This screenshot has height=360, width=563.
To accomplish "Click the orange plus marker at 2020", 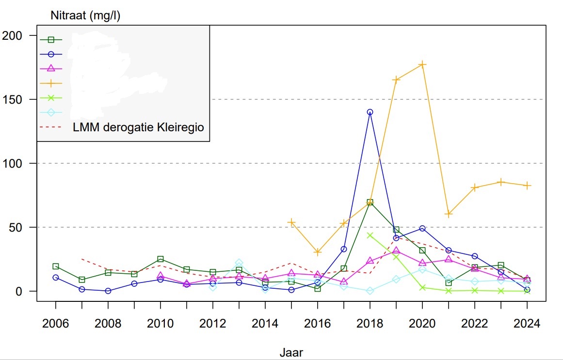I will pos(422,64).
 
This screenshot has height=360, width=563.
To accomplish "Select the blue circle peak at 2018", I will pos(370,112).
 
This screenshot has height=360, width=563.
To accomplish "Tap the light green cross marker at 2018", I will pos(370,235).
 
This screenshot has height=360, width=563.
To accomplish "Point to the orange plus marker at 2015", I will pos(291,222).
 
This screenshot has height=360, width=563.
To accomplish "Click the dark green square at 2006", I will pos(56,266).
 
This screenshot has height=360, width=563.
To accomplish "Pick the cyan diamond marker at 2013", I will pos(239,263).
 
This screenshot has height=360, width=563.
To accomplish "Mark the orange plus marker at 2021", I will pos(449,214).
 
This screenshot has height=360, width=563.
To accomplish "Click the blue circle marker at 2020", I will pos(422,228).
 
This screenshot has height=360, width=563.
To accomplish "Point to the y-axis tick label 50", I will pos(22,227).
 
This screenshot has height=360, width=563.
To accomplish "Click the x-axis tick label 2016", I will pos(318,324).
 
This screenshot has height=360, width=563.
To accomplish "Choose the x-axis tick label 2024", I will pos(527,324).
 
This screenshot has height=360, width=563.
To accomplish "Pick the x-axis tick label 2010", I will pos(161,324).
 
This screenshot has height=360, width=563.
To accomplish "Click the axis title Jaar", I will pos(291,352).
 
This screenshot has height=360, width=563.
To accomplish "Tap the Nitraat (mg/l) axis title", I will pos(85,16).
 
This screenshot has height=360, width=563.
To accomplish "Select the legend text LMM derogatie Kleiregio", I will pos(138,127).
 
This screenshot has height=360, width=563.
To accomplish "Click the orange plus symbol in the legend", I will pos(51,83).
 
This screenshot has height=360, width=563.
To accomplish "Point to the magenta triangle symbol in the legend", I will pos(51,68).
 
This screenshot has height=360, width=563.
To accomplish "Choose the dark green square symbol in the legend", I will pos(51,40).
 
